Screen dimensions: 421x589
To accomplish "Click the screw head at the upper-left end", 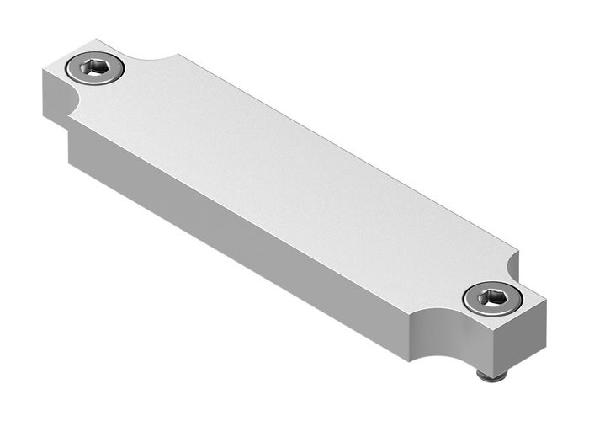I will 94,68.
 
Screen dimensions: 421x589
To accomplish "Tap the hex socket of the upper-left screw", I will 94,68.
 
